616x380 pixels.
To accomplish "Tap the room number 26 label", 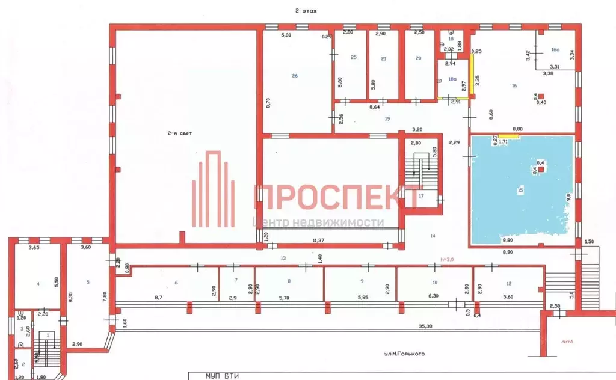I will [x=295, y=75].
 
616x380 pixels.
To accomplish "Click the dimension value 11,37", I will [x=328, y=241].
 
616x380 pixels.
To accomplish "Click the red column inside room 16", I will [x=541, y=96].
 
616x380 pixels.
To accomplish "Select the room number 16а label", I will [x=555, y=52].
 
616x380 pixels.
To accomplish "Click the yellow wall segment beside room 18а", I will [x=472, y=75].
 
